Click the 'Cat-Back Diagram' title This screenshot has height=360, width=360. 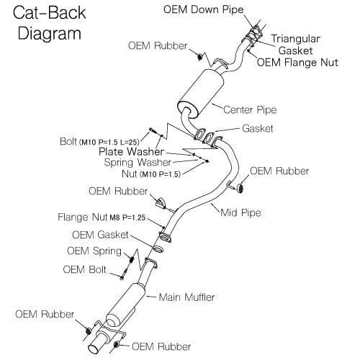click(50, 23)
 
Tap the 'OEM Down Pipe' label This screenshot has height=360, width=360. click(204, 9)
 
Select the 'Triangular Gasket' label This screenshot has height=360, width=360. click(296, 45)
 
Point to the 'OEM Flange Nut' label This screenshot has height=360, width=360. click(297, 63)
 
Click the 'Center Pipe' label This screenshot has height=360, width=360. click(250, 110)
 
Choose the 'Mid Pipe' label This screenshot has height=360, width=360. click(240, 212)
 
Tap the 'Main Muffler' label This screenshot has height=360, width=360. click(186, 297)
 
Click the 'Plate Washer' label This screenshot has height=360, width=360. click(131, 152)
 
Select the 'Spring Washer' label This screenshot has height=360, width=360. click(138, 163)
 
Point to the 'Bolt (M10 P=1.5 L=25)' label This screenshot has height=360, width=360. click(99, 142)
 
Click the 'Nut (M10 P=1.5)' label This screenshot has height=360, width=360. click(151, 174)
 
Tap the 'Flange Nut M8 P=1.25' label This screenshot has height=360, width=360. click(102, 217)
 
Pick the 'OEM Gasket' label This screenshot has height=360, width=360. click(100, 235)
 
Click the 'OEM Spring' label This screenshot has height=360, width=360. click(94, 251)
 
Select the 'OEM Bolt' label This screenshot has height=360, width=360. click(84, 269)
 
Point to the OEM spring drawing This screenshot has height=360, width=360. click(131, 259)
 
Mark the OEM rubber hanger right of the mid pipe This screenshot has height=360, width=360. click(240, 189)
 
